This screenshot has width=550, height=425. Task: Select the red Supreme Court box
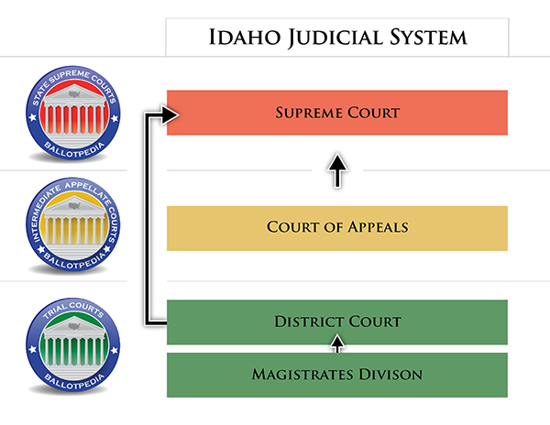[x=337, y=113]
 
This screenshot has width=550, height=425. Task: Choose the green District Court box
[x=337, y=321]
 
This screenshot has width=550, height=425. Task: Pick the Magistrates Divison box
[x=337, y=375]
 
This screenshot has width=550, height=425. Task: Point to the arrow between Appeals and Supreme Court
[x=337, y=170]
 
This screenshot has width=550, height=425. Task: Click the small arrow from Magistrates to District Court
[x=337, y=344]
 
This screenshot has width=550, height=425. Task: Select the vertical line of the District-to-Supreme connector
[x=148, y=220]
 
